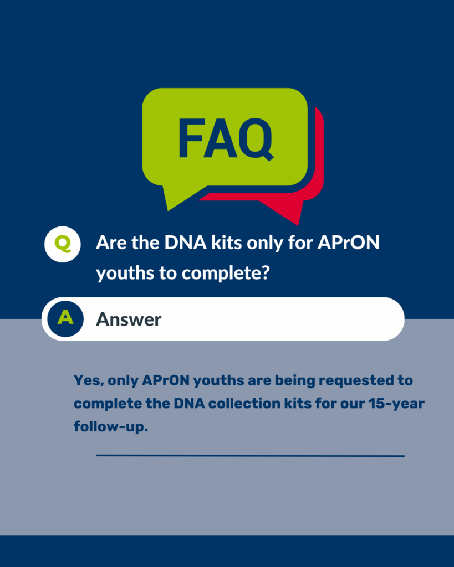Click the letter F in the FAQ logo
[x=191, y=138]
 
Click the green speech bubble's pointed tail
[x=177, y=197]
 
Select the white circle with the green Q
[x=63, y=244]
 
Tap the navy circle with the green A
[x=65, y=319]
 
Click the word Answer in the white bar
[x=129, y=319]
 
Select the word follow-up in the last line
[x=111, y=427]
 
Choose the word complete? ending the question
[x=226, y=274]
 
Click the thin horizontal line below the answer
[x=250, y=456]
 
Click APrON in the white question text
[x=348, y=243]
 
